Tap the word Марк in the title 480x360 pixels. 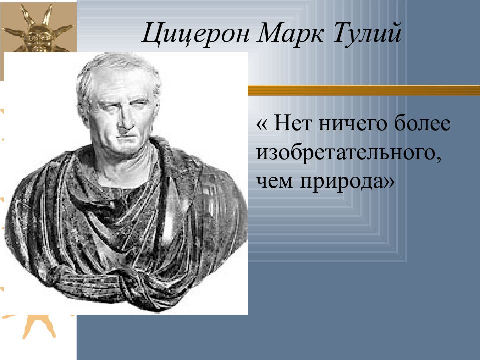pyautogui.click(x=290, y=33)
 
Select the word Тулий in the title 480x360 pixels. pyautogui.click(x=366, y=33)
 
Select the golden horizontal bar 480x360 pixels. pyautogui.click(x=364, y=90)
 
